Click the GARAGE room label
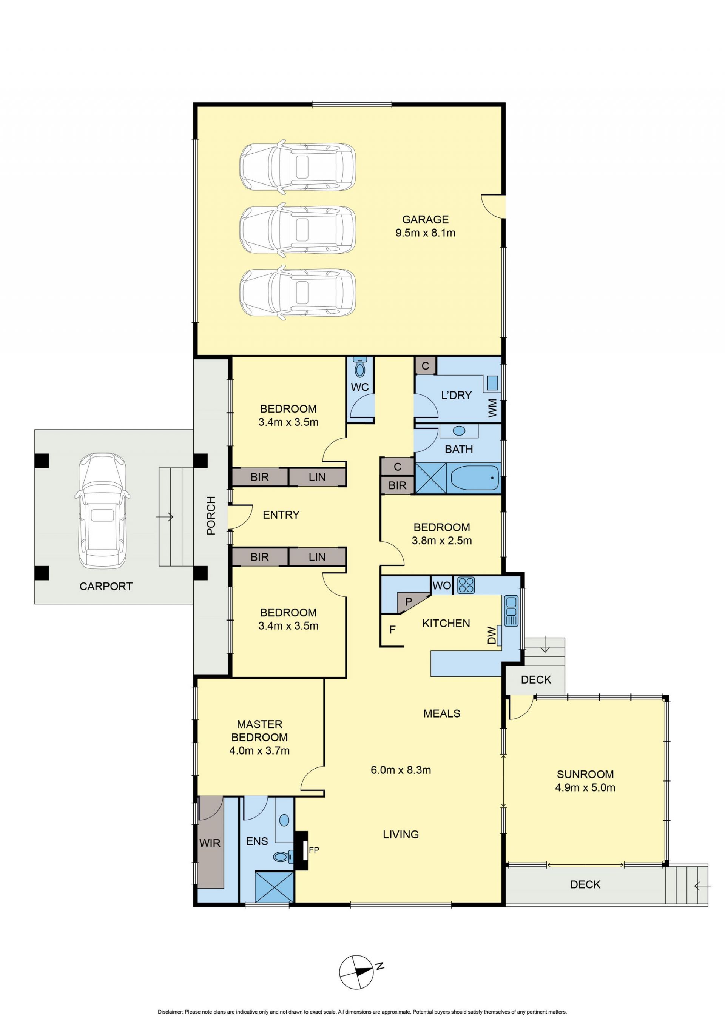tap(425, 219)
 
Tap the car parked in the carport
tap(102, 510)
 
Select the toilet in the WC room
tap(360, 367)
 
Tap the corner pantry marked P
tap(409, 601)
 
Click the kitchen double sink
tap(511, 610)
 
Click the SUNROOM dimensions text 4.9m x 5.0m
tap(585, 787)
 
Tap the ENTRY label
tap(281, 515)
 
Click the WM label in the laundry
tap(492, 408)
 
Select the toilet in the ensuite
tap(283, 856)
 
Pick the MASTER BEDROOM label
tap(259, 731)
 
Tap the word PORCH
tap(211, 515)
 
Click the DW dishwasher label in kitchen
tap(491, 635)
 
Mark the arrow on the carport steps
tap(165, 517)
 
